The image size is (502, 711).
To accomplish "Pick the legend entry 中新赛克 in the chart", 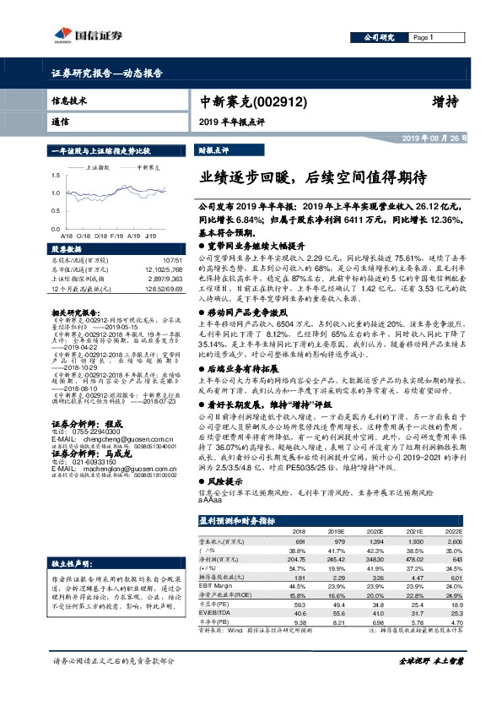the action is point(149,167).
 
